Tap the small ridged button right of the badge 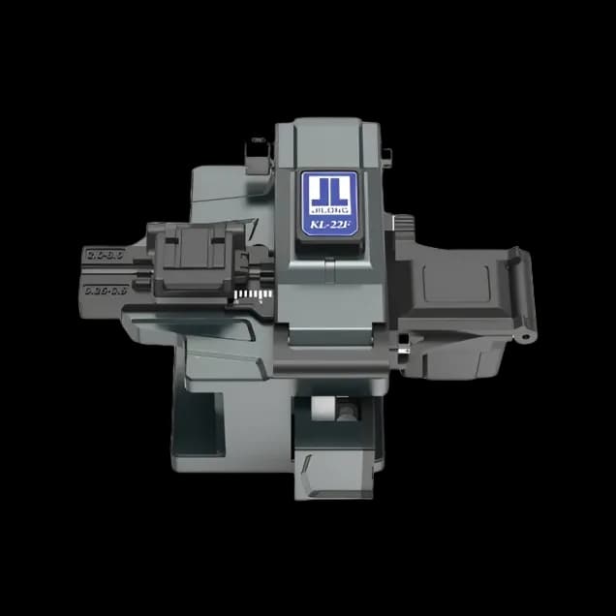click(x=386, y=156)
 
